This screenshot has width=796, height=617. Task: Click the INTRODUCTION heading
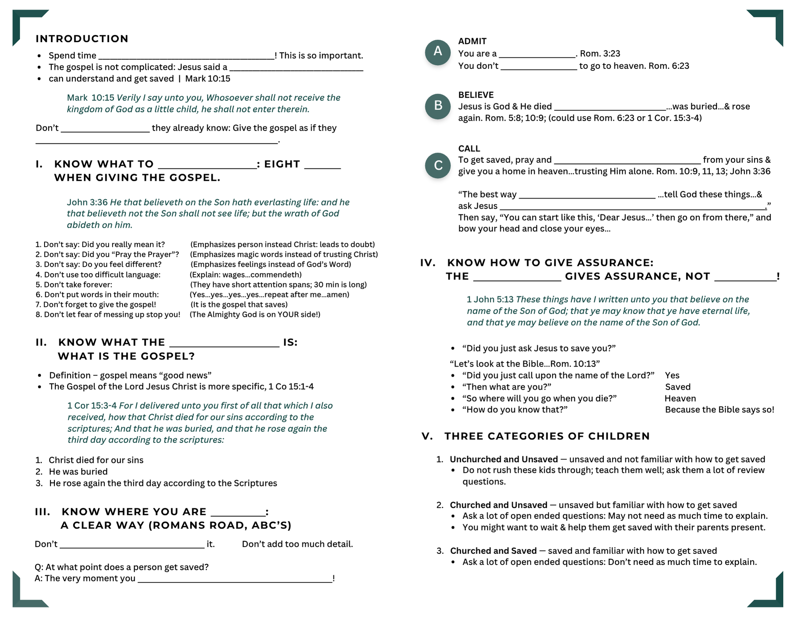pyautogui.click(x=82, y=39)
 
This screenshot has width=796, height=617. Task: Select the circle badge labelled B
pyautogui.click(x=438, y=106)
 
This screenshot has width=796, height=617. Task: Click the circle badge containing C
pyautogui.click(x=438, y=165)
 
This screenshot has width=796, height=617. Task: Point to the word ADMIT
pyautogui.click(x=472, y=41)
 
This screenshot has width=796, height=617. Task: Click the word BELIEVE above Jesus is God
pyautogui.click(x=476, y=95)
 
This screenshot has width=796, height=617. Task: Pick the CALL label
pyautogui.click(x=469, y=148)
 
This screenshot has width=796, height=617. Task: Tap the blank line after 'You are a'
pyautogui.click(x=537, y=55)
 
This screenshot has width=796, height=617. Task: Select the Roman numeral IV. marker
pyautogui.click(x=428, y=263)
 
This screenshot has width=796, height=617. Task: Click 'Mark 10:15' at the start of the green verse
pyautogui.click(x=90, y=98)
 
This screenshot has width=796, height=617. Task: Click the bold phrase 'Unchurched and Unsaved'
pyautogui.click(x=504, y=459)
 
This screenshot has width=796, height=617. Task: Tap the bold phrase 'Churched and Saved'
pyautogui.click(x=494, y=551)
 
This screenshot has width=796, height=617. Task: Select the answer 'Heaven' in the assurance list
pyautogui.click(x=680, y=398)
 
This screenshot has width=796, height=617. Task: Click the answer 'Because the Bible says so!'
pyautogui.click(x=720, y=410)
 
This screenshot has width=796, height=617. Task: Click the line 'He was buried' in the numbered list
pyautogui.click(x=78, y=472)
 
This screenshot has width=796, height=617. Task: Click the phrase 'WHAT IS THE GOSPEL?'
pyautogui.click(x=127, y=356)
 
